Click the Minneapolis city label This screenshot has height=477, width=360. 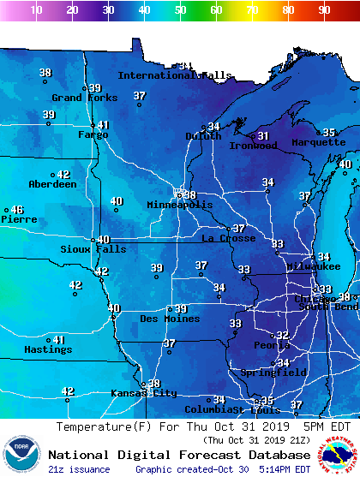click(179, 206)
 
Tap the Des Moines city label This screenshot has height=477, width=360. click(171, 319)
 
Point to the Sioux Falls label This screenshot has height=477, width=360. click(93, 249)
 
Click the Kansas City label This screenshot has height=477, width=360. click(143, 394)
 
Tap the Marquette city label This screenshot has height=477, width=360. click(318, 143)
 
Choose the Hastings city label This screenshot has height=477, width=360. click(48, 350)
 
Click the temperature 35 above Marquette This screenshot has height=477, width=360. click(328, 133)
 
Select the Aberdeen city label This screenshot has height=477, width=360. click(52, 185)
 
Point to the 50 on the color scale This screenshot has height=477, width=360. click(180, 10)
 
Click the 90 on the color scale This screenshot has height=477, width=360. click(324, 10)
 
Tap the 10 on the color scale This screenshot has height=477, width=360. click(36, 10)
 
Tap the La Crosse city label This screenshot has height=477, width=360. click(228, 239)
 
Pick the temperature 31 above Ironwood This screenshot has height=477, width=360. click(263, 136)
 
